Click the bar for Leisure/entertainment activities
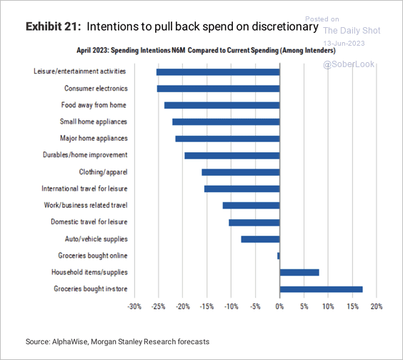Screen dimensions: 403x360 point(218,72)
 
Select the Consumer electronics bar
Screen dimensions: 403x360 point(218,89)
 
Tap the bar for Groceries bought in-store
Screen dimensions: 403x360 point(321,289)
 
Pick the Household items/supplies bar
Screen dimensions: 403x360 point(299,272)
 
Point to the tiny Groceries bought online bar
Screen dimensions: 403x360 point(279,256)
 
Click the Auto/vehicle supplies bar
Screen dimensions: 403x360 point(260,239)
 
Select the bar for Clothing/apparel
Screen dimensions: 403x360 point(241,172)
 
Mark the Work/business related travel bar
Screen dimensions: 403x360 point(251,206)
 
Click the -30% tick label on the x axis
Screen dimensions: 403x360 point(134,306)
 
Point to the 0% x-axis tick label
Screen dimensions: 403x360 point(279,306)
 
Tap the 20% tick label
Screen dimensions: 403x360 point(377,306)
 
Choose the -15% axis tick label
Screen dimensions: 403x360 point(207,306)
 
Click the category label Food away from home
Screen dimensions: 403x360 point(94,105)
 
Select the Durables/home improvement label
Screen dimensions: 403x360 point(85,155)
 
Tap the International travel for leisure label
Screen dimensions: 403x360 point(84,189)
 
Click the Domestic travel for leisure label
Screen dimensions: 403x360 point(89,221)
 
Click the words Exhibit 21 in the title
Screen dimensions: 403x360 point(53,26)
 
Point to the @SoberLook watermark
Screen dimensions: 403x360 point(349,64)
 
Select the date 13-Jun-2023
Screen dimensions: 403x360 point(344,43)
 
